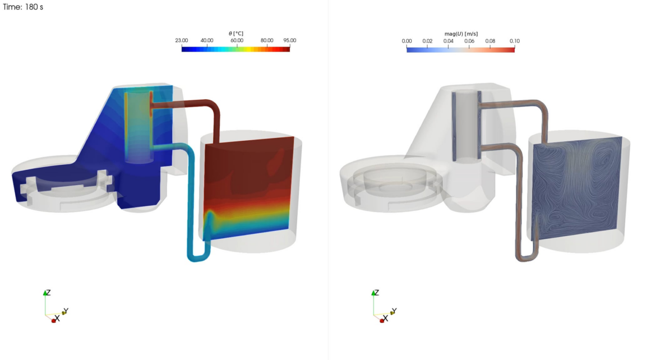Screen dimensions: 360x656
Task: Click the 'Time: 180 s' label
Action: click(23, 7)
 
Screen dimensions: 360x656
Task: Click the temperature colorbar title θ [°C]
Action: click(235, 34)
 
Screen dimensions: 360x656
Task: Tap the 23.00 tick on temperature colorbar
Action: click(181, 40)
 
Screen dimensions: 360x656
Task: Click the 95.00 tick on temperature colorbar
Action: click(289, 40)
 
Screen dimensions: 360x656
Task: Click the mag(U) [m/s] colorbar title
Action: click(460, 34)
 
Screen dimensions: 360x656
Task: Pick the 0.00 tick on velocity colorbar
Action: click(407, 41)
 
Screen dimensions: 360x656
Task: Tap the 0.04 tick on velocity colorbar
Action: click(449, 41)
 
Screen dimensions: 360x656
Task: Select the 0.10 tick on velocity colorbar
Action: click(514, 41)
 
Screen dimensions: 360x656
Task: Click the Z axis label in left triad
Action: click(49, 293)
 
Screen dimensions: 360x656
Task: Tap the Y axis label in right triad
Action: click(394, 311)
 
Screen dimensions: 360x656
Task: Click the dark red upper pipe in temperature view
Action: click(185, 104)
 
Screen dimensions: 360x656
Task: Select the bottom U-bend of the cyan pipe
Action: click(197, 257)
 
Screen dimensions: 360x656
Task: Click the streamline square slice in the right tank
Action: click(575, 188)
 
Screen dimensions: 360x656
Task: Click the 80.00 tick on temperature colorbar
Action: click(267, 40)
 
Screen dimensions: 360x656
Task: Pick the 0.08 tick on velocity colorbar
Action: click(490, 41)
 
